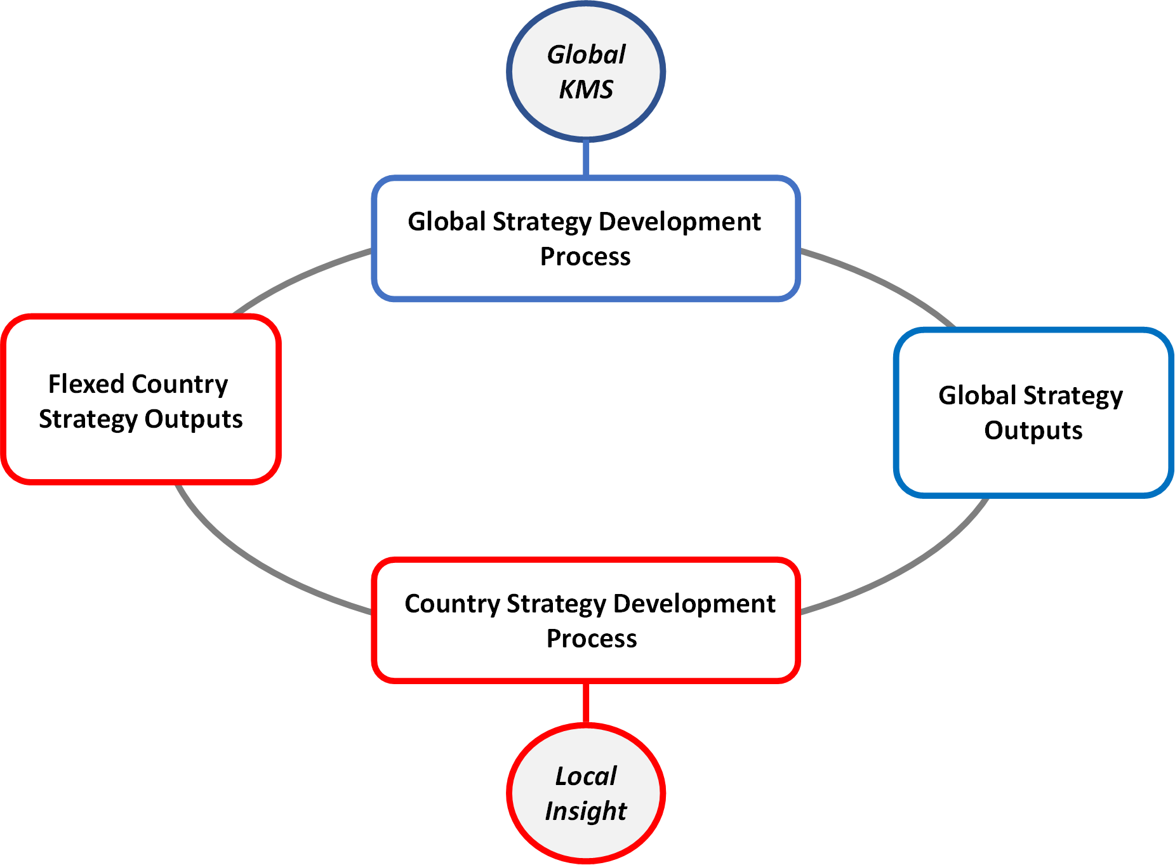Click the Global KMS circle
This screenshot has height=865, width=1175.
[x=585, y=71]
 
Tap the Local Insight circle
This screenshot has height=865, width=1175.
[x=585, y=793]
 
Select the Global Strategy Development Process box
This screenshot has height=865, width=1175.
[x=585, y=239]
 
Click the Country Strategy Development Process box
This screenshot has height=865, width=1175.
[x=585, y=620]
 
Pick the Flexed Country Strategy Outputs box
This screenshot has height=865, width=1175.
[x=140, y=400]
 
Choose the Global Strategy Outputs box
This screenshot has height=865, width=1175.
[x=1033, y=413]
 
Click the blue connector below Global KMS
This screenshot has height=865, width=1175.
[x=585, y=158]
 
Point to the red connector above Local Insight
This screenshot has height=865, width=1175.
[x=585, y=703]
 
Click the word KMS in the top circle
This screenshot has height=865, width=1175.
[x=586, y=89]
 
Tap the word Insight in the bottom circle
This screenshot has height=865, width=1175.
[x=586, y=811]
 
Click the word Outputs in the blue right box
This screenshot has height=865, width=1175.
[x=1033, y=430]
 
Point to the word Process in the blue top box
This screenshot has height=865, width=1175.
[x=585, y=256]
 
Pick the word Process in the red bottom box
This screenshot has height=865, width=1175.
[x=592, y=638]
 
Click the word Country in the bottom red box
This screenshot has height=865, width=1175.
[x=451, y=604]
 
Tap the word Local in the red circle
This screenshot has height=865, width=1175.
[x=586, y=776]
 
